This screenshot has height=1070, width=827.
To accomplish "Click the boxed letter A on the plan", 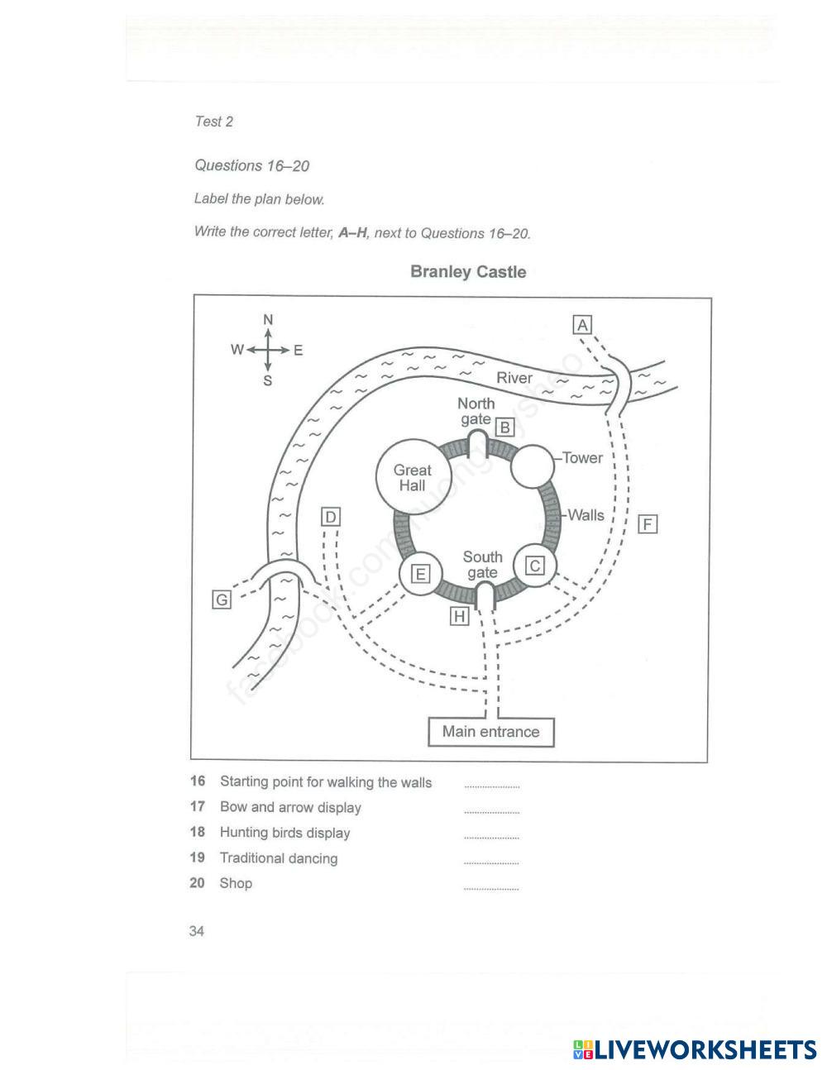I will pyautogui.click(x=583, y=325).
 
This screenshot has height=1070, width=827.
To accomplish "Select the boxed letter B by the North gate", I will pyautogui.click(x=504, y=428).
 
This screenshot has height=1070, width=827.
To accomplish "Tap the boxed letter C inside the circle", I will pyautogui.click(x=536, y=566).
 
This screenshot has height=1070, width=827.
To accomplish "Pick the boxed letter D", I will pyautogui.click(x=330, y=518).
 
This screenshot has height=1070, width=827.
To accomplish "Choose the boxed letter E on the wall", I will pyautogui.click(x=421, y=573).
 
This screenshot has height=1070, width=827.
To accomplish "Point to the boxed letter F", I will pyautogui.click(x=648, y=524).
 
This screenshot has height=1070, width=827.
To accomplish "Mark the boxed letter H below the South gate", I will pyautogui.click(x=459, y=616).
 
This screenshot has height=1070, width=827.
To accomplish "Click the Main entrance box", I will pyautogui.click(x=490, y=732).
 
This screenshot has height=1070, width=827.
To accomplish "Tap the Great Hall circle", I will pyautogui.click(x=413, y=478).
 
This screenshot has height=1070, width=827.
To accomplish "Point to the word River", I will pyautogui.click(x=514, y=379).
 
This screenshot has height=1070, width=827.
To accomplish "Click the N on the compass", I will pyautogui.click(x=268, y=320).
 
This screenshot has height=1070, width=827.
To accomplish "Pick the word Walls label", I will pyautogui.click(x=586, y=515).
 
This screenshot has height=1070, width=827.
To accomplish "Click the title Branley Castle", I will pyautogui.click(x=468, y=272).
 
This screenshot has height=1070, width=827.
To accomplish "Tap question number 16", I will pyautogui.click(x=197, y=781).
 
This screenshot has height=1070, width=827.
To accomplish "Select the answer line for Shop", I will pyautogui.click(x=491, y=888).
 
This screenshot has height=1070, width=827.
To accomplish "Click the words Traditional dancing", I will pyautogui.click(x=279, y=858).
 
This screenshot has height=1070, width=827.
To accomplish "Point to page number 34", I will pyautogui.click(x=197, y=932).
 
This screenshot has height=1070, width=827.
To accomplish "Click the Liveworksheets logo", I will pyautogui.click(x=695, y=1050).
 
